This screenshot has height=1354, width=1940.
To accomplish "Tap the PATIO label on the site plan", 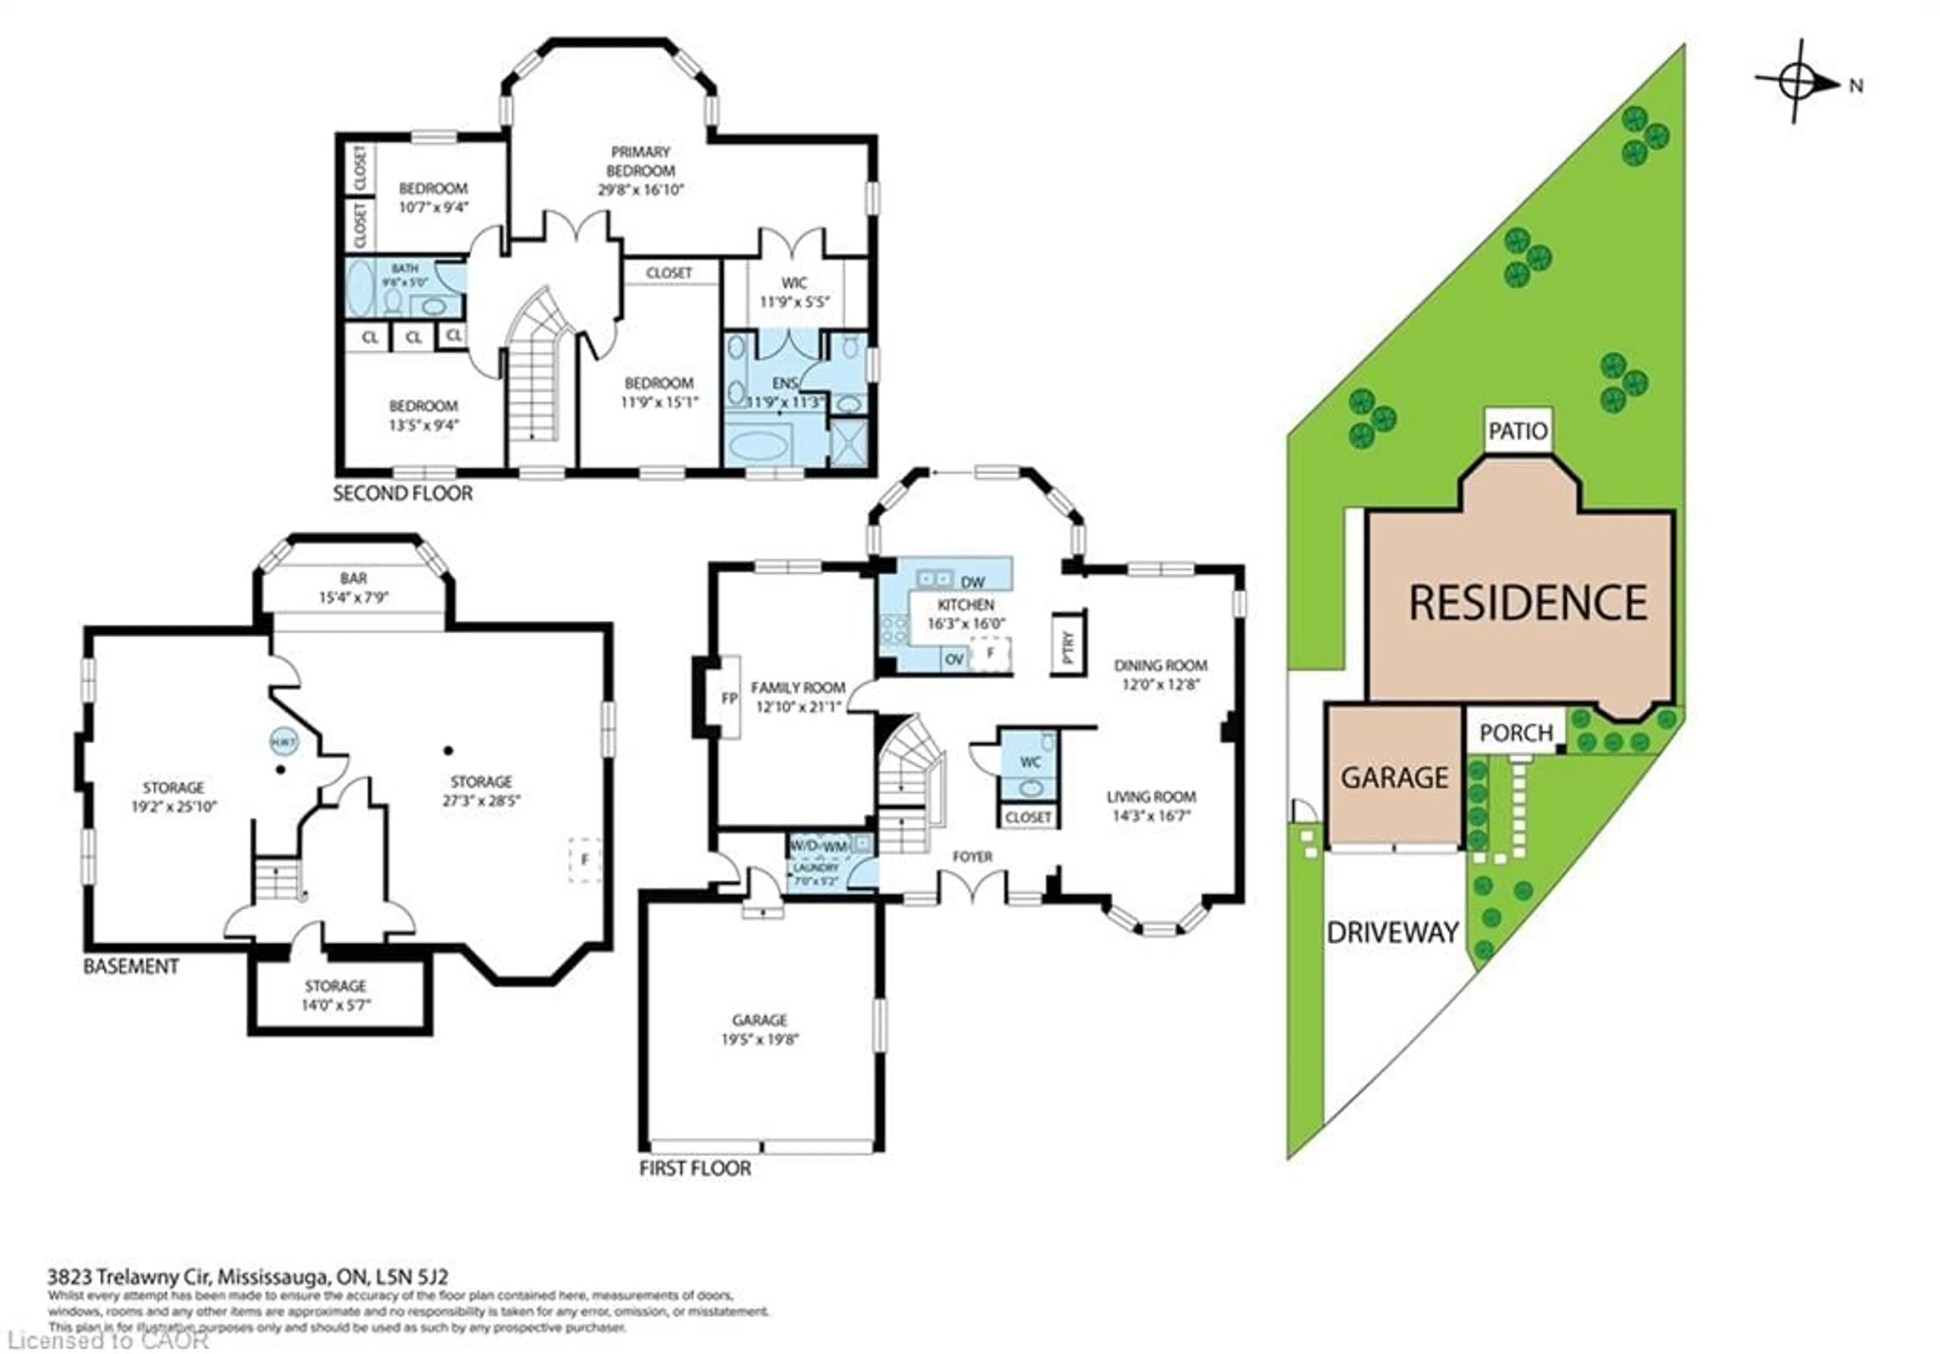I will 1518,431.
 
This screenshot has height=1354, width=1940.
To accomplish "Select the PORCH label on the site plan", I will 1516,732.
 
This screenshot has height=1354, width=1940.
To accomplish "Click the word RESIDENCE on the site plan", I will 1528,603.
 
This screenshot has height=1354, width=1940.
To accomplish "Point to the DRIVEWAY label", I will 1392,932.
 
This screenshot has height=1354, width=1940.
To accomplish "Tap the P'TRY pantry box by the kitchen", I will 1068,643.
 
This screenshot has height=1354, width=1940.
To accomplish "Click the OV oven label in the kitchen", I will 954,659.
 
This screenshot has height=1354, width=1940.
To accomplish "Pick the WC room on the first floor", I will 1029,762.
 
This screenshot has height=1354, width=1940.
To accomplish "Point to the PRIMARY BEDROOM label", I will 641,161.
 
